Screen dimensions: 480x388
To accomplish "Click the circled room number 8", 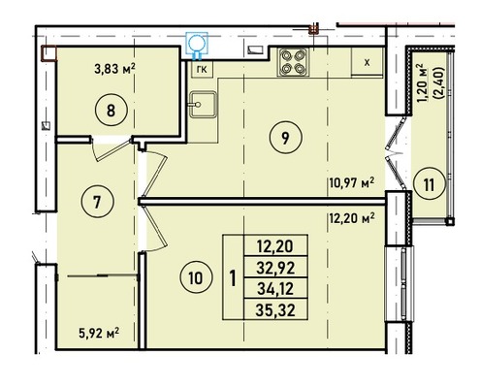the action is pos(111,111).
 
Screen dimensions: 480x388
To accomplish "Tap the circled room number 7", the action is pos(97,202).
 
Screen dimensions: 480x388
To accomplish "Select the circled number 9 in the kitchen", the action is pos(285,138).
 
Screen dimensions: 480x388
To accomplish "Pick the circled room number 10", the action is pos(196,277).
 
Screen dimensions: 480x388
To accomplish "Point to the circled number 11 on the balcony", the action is pos(430,185).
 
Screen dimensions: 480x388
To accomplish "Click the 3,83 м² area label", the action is pos(114,69).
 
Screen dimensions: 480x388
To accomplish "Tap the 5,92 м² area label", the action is pos(99,333).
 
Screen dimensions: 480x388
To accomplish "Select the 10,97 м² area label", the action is pos(352,183).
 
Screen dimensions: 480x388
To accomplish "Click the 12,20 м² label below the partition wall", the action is pos(352,218).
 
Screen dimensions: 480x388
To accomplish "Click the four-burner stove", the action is pos(293,62).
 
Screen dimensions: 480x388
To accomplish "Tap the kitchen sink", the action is pos(203,105).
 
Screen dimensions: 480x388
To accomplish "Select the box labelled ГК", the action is pos(202,70).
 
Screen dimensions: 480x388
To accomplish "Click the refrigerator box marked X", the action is pos(367,62).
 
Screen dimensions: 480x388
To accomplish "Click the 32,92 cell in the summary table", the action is pos(275,268).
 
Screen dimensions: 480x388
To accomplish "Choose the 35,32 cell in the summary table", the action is pos(275,310).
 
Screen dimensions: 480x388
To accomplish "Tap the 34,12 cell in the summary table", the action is pos(275,289).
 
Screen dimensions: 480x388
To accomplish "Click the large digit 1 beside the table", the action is pos(233,278).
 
